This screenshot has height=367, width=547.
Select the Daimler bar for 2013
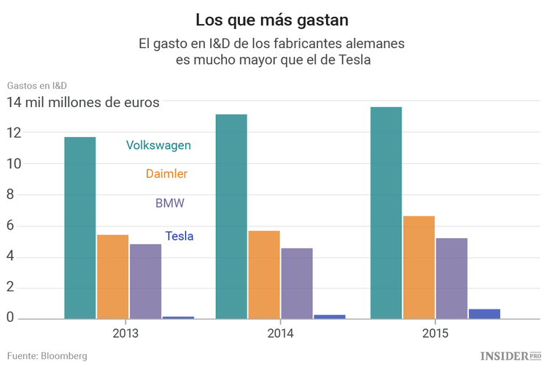[112, 277]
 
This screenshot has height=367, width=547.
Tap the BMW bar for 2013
[145, 281]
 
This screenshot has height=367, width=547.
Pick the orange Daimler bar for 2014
[263, 275]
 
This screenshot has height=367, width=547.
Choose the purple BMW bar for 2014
[296, 283]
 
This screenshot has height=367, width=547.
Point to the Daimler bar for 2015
[419, 267]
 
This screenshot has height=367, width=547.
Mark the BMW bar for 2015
[451, 278]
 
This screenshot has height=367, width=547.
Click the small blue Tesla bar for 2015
[484, 314]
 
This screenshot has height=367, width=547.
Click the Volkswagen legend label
[158, 145]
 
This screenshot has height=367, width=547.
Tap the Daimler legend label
[166, 174]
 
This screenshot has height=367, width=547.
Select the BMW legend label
[170, 203]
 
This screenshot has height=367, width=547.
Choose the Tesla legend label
[179, 236]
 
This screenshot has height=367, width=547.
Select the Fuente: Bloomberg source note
[47, 355]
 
